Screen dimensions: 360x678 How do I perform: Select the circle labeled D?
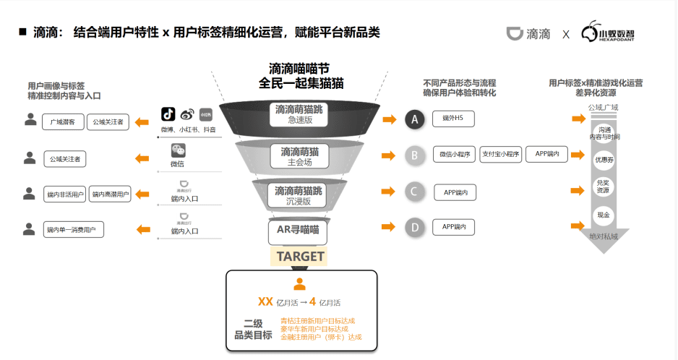click(414, 228)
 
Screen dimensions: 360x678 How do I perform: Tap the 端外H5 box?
click(454, 118)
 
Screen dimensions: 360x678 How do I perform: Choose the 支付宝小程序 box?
click(500, 154)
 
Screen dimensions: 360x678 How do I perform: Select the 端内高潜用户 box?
click(110, 194)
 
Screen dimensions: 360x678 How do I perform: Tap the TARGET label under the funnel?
click(300, 256)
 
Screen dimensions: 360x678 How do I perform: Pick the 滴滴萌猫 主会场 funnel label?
click(299, 155)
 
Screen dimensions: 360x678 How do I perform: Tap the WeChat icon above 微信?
click(178, 150)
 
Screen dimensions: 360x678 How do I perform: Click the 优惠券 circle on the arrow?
click(603, 160)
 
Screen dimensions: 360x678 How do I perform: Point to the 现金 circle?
click(603, 215)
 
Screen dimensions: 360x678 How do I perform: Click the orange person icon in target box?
click(299, 284)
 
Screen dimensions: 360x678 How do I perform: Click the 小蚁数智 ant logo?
click(592, 33)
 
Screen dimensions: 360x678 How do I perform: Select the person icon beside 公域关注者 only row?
click(30, 157)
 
